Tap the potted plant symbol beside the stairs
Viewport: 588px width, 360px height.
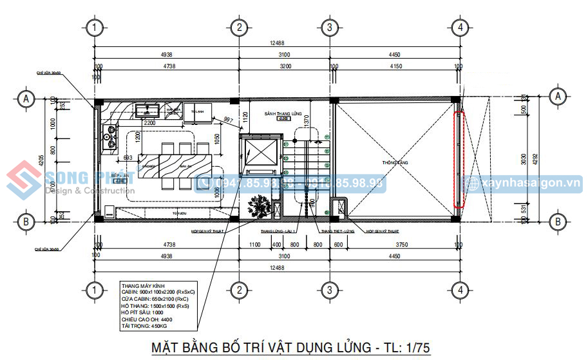tap(260, 206)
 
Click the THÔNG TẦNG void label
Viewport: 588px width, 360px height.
tap(395, 163)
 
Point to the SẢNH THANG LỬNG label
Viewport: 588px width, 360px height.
tap(283, 113)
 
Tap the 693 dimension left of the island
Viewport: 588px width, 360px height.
tap(128, 158)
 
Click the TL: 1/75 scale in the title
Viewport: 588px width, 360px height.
tap(403, 348)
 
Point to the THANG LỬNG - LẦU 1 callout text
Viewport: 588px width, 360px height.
tap(278, 230)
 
